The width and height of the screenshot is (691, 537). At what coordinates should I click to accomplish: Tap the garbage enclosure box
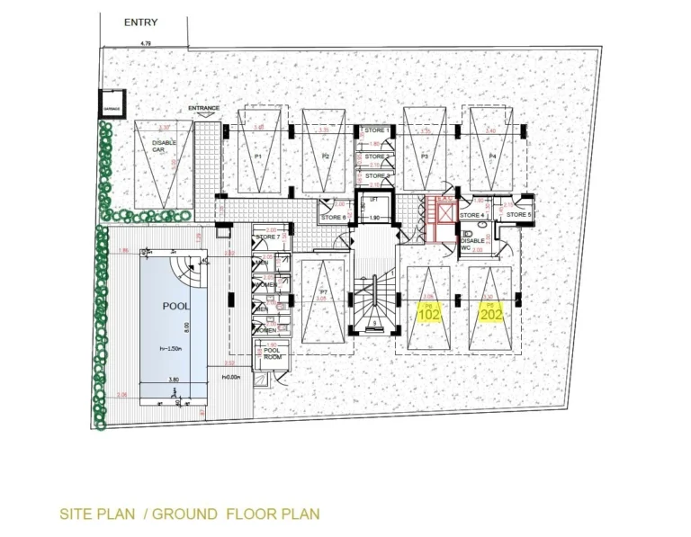tap(112, 106)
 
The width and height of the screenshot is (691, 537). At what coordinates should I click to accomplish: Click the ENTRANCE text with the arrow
tap(204, 109)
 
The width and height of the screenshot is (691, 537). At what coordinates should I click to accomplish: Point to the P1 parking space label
tap(257, 157)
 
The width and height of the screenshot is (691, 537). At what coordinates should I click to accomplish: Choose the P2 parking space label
tap(327, 157)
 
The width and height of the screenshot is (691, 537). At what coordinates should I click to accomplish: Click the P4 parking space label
tap(492, 157)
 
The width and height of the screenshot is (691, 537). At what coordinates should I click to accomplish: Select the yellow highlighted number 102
tap(429, 315)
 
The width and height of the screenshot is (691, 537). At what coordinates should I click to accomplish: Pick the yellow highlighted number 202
tap(492, 315)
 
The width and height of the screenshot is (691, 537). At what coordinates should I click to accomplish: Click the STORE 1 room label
tap(376, 131)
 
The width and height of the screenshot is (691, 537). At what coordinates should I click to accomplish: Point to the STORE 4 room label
tap(472, 216)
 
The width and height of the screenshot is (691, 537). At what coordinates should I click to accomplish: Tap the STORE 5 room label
tap(517, 216)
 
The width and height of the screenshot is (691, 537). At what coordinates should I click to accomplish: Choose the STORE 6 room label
tap(334, 217)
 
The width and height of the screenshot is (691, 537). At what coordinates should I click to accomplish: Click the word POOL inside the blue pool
tap(175, 306)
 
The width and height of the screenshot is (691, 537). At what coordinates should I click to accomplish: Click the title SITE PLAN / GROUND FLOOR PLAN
tap(189, 515)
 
